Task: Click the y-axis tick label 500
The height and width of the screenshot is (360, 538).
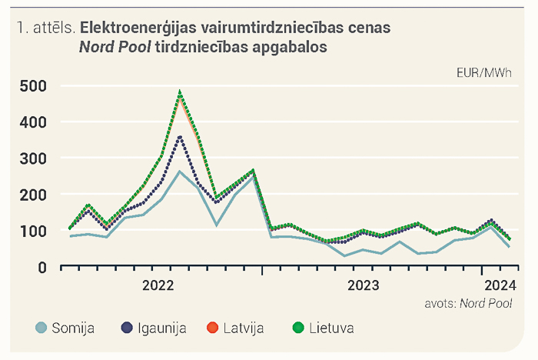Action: [33, 86]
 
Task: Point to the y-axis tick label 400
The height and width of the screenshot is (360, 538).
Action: [33, 122]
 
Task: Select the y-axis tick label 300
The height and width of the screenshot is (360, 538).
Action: [33, 158]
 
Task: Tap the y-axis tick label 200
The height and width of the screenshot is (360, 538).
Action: [33, 195]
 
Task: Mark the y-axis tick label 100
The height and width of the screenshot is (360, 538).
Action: [33, 232]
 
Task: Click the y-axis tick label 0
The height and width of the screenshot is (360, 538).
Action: [42, 267]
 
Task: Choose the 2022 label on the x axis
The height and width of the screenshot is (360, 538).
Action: [158, 285]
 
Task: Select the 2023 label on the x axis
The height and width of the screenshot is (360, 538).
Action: [364, 285]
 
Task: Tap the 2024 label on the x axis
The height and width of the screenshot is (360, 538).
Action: [500, 285]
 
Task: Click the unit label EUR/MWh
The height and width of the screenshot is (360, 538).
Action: [484, 73]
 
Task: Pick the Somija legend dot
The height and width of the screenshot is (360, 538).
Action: [42, 328]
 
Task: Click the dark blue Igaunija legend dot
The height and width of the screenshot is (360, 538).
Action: [127, 328]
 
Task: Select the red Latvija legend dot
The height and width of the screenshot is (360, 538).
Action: [213, 328]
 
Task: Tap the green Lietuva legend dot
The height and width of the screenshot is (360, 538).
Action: [298, 328]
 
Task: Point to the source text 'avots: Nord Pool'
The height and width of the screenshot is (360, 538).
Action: [468, 303]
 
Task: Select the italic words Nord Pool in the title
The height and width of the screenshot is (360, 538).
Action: [115, 47]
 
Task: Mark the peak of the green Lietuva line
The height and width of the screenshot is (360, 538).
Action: [180, 92]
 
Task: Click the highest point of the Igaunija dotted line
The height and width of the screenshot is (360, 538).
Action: [180, 137]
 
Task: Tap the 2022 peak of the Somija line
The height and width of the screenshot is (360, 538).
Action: [179, 171]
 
